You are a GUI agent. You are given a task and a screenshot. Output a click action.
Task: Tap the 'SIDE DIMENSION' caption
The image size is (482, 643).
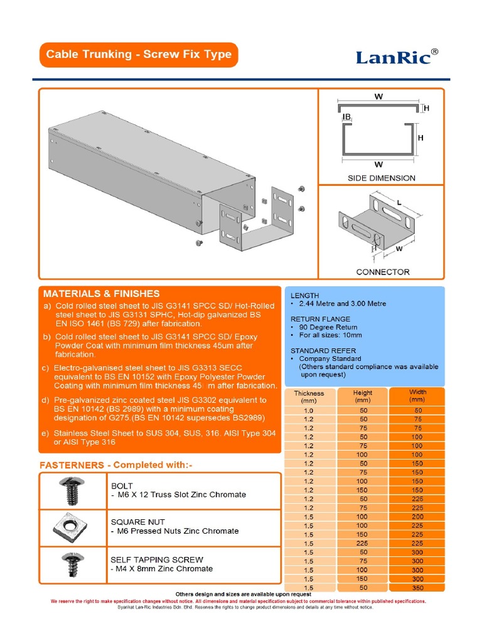382,178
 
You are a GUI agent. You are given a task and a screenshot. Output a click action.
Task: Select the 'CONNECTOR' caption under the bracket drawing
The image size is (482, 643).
382,272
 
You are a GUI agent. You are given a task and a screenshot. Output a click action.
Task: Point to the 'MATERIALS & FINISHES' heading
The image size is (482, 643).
101,293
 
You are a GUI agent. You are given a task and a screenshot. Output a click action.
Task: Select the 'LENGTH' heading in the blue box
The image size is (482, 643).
304,295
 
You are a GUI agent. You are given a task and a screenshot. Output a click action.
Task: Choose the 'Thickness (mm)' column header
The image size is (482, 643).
309,397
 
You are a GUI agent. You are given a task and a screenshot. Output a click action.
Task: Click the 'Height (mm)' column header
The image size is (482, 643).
363,396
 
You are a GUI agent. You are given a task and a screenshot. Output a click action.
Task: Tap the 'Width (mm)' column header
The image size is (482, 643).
417,396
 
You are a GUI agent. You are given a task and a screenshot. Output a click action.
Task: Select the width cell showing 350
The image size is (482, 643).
417,588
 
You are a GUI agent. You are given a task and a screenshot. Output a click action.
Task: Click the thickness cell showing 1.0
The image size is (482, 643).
309,410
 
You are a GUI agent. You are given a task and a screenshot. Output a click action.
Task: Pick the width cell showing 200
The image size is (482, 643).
417,516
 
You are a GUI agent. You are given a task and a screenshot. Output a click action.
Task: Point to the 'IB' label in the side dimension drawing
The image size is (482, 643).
346,117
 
